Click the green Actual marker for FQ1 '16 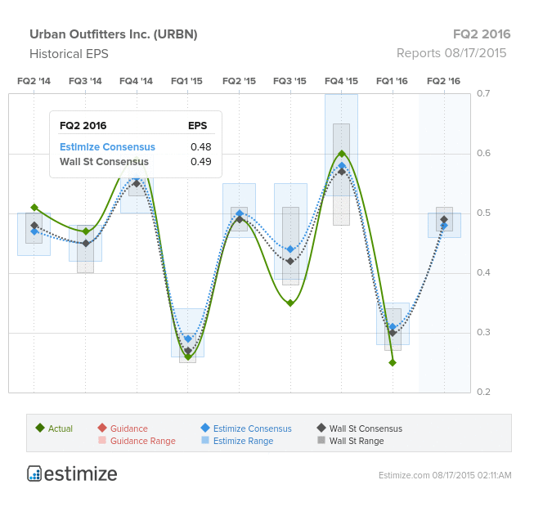click(x=393, y=362)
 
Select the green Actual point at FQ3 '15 click(x=290, y=303)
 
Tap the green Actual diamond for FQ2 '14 click(x=34, y=208)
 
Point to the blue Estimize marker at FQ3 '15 click(x=290, y=249)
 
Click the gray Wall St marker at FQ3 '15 click(x=290, y=261)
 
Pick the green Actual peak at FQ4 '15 click(x=342, y=154)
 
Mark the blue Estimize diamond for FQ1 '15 click(x=188, y=339)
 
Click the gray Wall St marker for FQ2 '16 click(x=444, y=219)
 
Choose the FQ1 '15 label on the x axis click(x=186, y=81)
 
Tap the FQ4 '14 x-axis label click(x=136, y=81)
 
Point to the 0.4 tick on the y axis click(x=483, y=272)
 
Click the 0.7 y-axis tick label click(x=483, y=93)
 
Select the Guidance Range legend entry click(x=137, y=441)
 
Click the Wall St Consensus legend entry click(x=360, y=428)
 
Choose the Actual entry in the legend click(x=54, y=428)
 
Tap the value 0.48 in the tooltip click(x=201, y=147)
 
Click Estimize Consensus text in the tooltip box click(x=107, y=147)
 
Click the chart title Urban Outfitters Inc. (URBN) click(x=114, y=34)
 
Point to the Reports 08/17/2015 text click(x=451, y=53)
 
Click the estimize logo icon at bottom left click(x=34, y=473)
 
